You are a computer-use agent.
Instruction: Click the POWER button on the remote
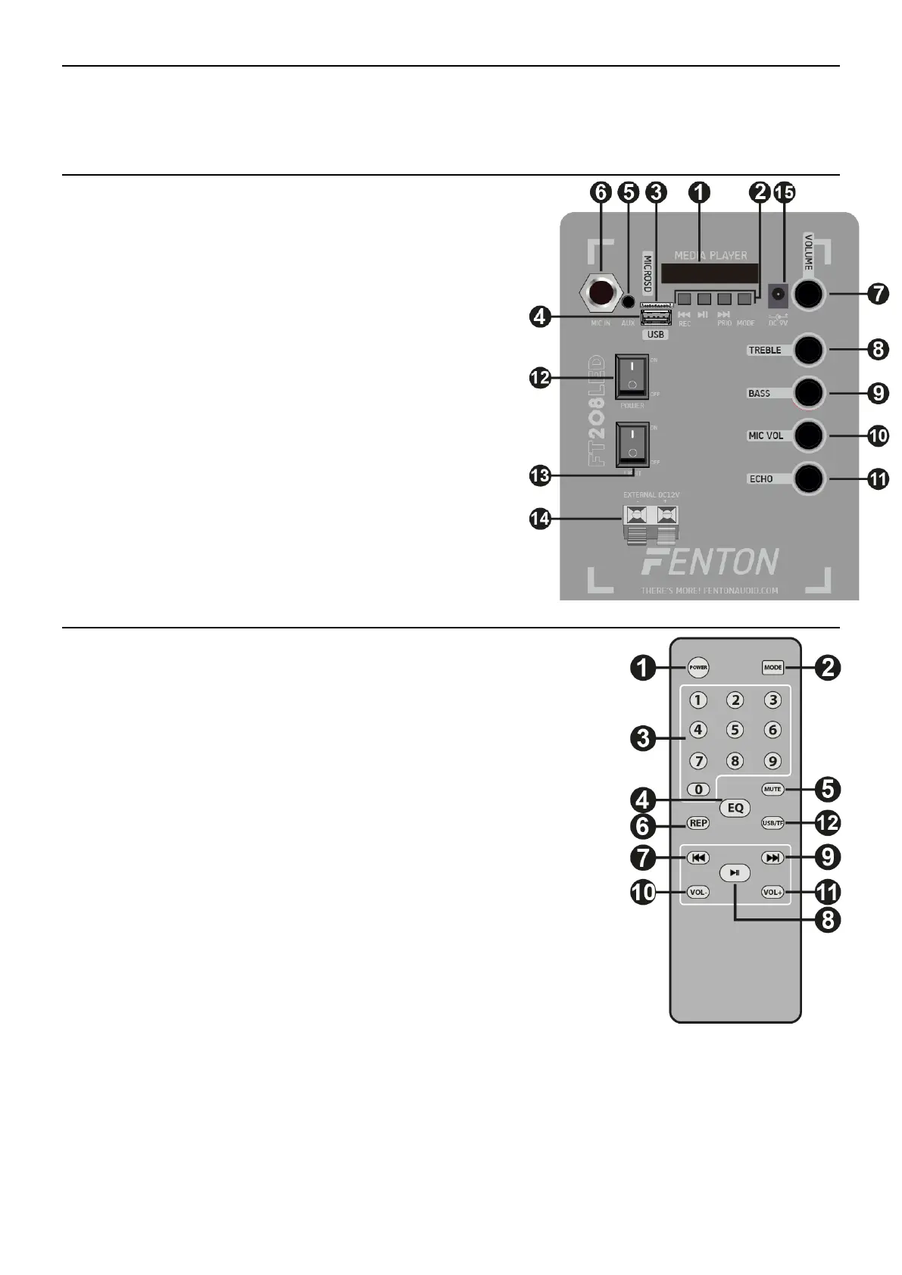click(698, 668)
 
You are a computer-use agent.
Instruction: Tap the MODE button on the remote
click(772, 668)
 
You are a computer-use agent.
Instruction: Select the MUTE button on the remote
click(772, 789)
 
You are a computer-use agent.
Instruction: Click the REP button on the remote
click(698, 823)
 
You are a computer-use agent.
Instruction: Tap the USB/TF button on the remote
click(772, 823)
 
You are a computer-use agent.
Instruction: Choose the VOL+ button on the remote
click(772, 893)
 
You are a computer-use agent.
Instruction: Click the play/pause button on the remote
click(735, 873)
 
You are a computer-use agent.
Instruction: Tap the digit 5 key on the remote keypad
click(735, 731)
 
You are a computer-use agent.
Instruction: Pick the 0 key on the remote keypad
click(698, 790)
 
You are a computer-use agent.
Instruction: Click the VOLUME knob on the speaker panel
click(808, 294)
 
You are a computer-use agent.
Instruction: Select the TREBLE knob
click(808, 350)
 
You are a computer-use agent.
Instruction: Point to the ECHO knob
click(808, 479)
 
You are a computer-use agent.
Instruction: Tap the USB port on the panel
click(656, 316)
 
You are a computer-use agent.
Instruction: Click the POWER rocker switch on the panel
click(631, 376)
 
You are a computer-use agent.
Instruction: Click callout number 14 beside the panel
click(541, 519)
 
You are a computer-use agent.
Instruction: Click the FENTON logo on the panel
click(709, 562)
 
